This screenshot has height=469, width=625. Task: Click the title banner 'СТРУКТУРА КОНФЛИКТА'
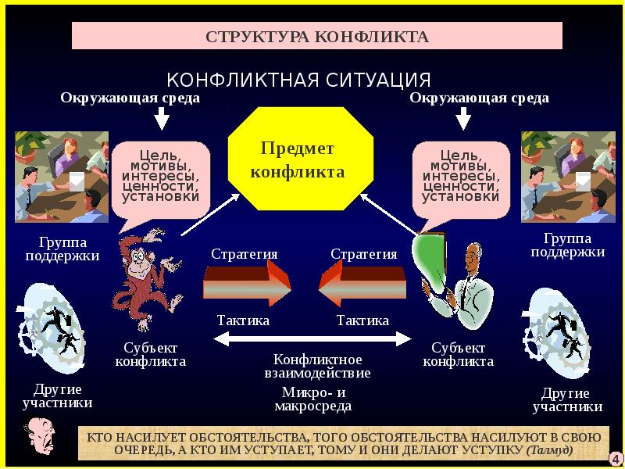tap(317, 37)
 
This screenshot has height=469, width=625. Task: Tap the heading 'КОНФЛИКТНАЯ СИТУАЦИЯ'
tap(299, 80)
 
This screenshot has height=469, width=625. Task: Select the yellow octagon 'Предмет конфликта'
tap(297, 159)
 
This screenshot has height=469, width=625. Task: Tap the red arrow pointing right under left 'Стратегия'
tap(247, 284)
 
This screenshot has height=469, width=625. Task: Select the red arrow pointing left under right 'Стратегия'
tap(362, 284)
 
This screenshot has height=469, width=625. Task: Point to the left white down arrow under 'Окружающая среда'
tap(162, 118)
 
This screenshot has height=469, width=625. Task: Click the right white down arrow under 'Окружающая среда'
tap(463, 118)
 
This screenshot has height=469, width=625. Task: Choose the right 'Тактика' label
tap(362, 320)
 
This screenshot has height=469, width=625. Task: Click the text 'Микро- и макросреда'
tap(312, 399)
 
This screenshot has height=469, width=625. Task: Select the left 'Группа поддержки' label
tap(62, 249)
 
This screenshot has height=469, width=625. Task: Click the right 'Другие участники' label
tap(567, 399)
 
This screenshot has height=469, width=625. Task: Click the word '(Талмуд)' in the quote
tap(550, 451)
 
